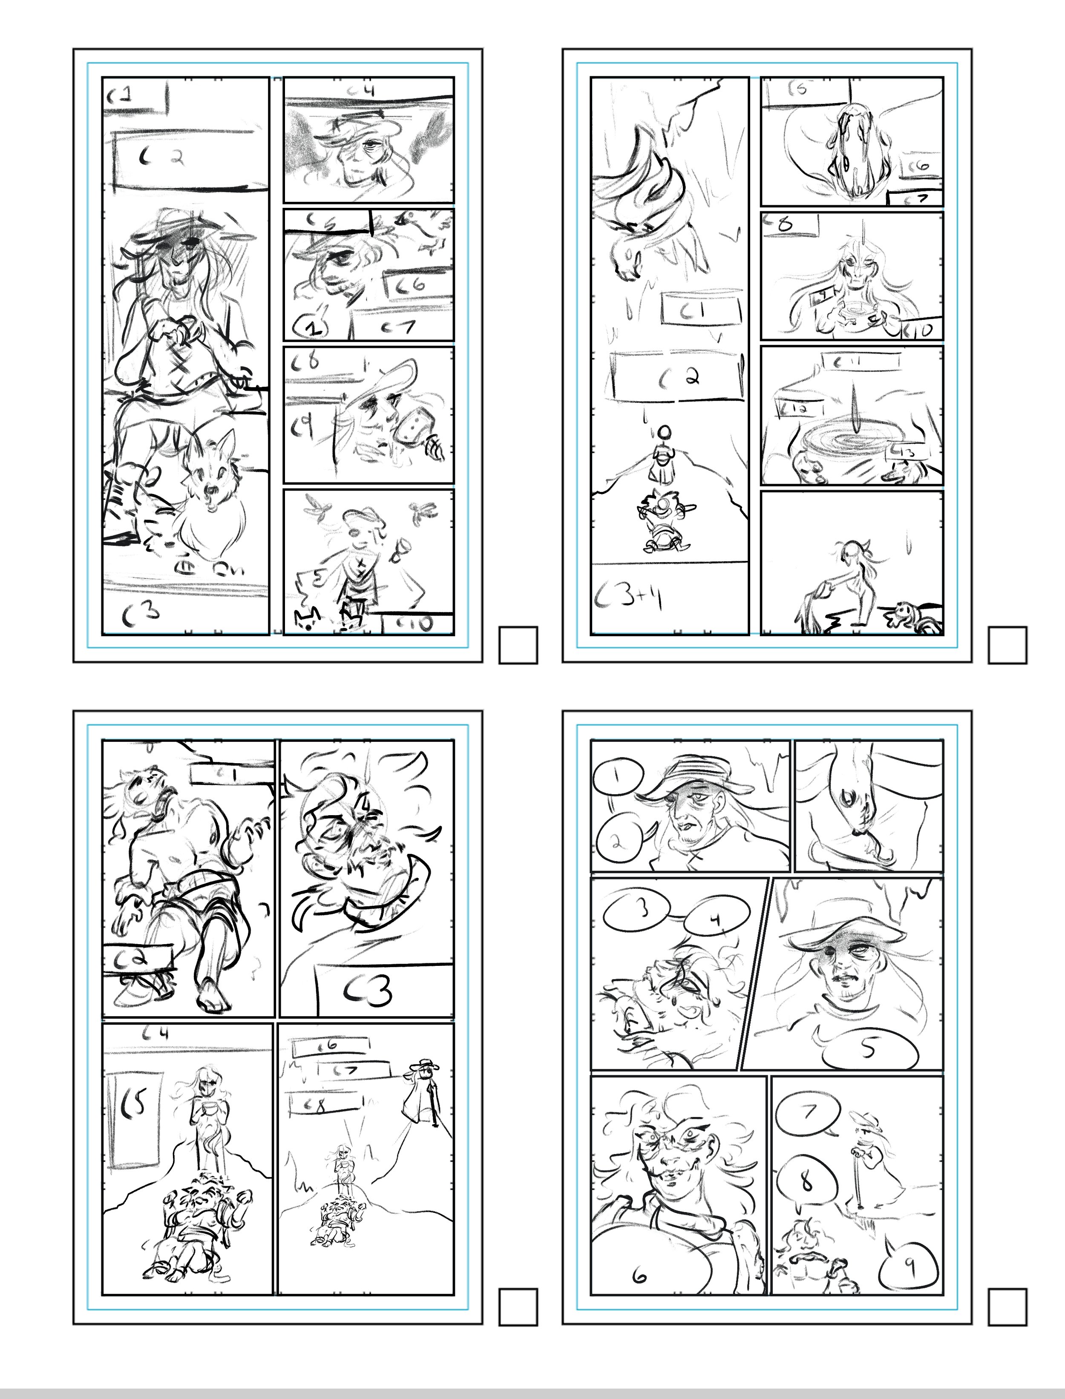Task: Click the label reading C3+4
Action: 627,598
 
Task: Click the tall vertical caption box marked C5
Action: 134,1119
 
